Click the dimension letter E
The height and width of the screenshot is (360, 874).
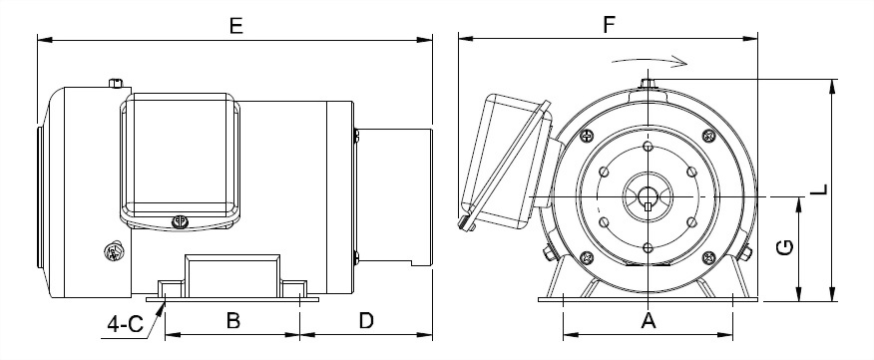(x=236, y=26)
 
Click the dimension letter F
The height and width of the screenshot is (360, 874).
(x=609, y=26)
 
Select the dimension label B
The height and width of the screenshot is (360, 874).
(x=233, y=320)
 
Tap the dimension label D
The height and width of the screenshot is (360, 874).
(x=365, y=320)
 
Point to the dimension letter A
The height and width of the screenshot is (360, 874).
(x=649, y=320)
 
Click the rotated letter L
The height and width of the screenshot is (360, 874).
(x=819, y=189)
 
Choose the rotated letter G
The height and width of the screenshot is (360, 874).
(x=785, y=248)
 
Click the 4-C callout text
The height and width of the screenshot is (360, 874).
(x=126, y=324)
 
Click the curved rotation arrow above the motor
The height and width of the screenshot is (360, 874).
(x=650, y=60)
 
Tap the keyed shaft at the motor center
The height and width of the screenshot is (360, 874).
(x=648, y=197)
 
